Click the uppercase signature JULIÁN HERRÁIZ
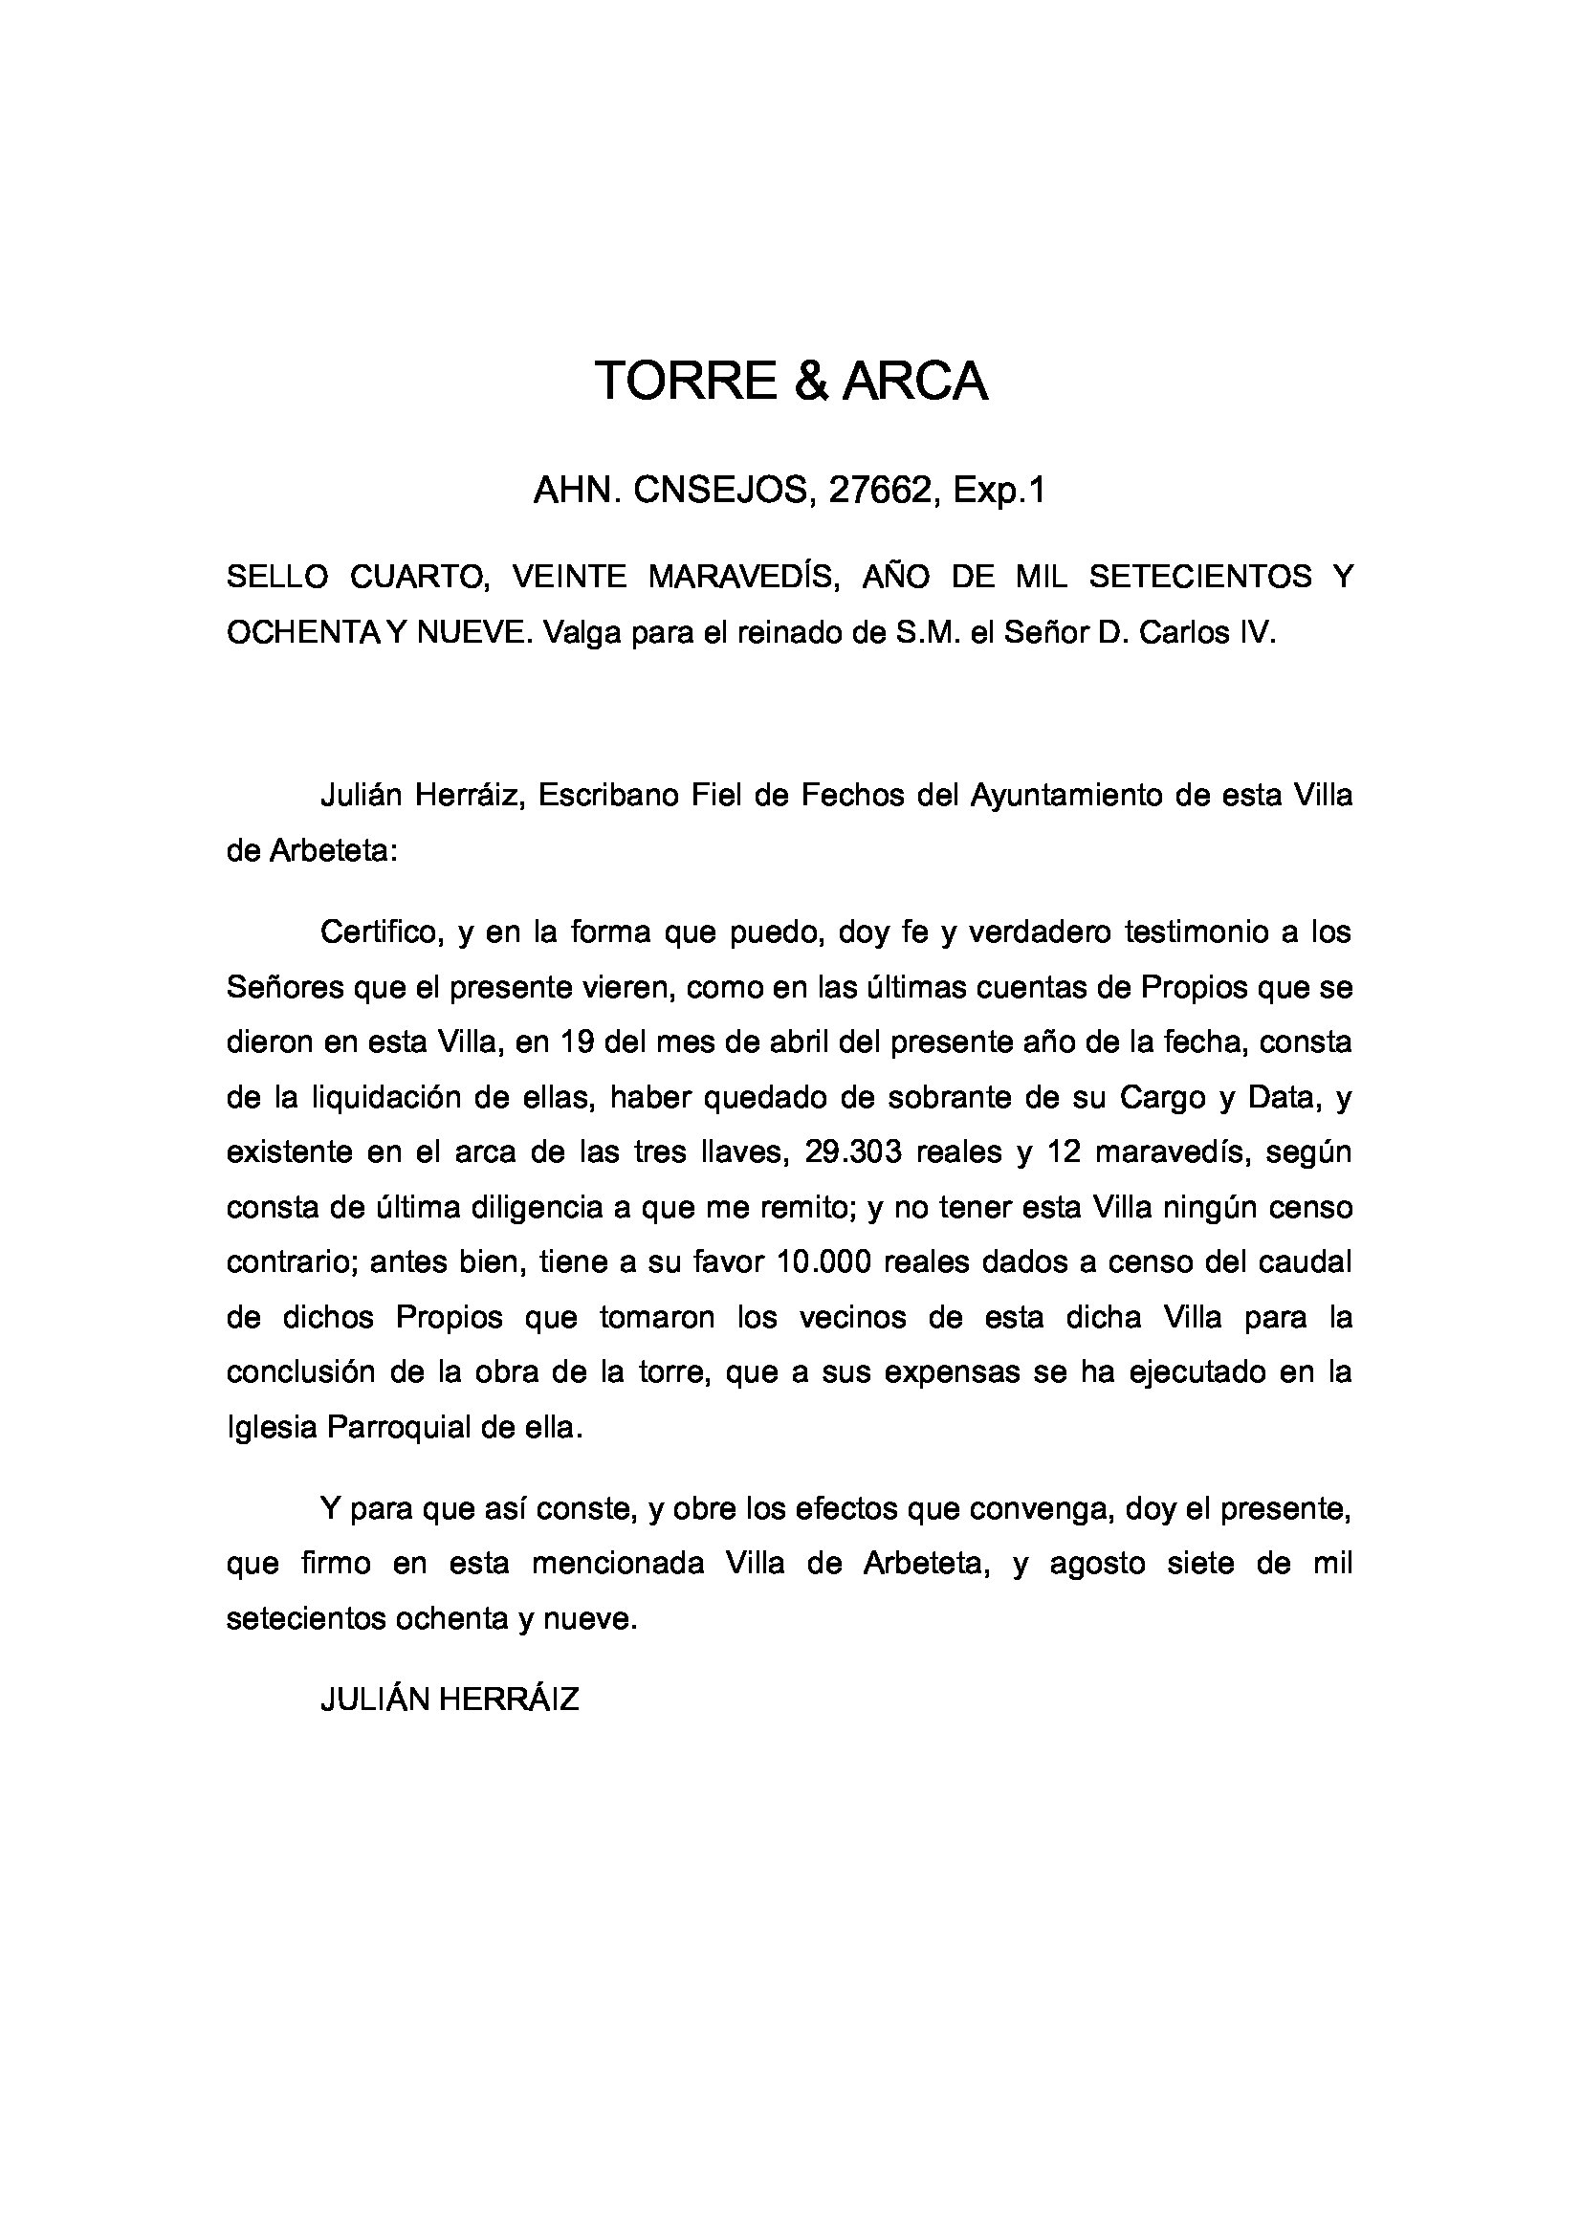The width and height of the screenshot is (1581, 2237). [x=450, y=1700]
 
